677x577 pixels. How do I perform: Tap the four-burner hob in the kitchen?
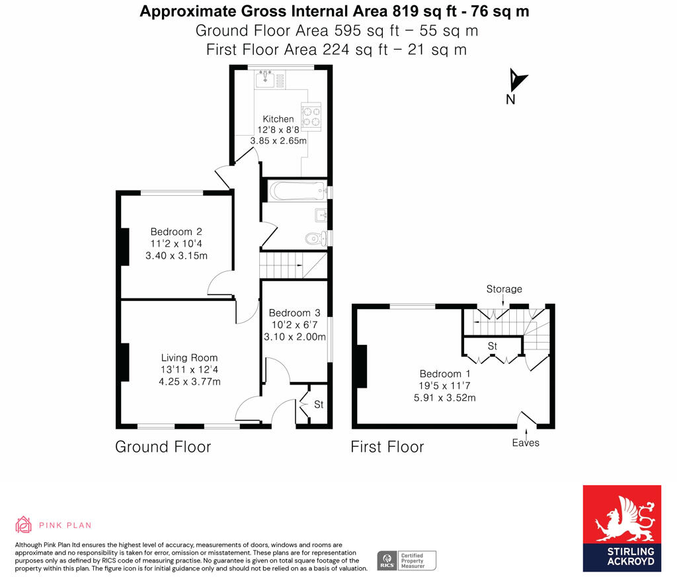click(311, 116)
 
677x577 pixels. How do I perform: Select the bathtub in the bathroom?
click(297, 191)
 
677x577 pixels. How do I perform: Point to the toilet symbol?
click(315, 238)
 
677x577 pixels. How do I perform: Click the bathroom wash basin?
click(321, 215)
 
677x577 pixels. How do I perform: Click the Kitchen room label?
click(278, 119)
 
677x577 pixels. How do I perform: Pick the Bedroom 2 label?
click(176, 232)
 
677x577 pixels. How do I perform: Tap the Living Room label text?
click(189, 358)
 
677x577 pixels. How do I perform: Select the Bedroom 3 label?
click(294, 313)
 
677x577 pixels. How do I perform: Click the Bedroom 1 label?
click(445, 374)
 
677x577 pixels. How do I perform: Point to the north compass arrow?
click(517, 80)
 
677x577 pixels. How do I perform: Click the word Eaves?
click(526, 443)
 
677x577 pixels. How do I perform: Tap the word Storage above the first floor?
click(504, 289)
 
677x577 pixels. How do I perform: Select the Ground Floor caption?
click(163, 447)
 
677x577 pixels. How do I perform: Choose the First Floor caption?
click(387, 447)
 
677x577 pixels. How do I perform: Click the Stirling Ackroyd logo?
click(621, 529)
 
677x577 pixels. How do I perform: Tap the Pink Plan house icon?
click(24, 525)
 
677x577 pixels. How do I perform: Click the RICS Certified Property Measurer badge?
click(407, 560)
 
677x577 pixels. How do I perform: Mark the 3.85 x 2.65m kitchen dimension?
click(278, 141)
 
